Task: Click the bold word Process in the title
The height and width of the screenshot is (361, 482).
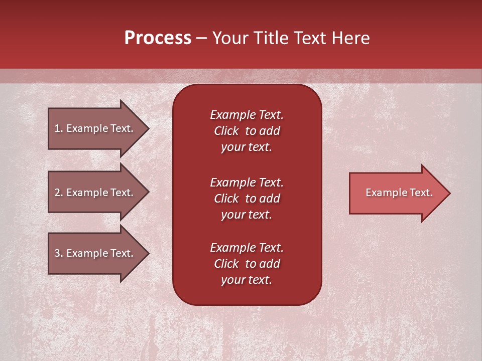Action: [158, 38]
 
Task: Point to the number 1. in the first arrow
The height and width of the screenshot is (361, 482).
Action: [59, 128]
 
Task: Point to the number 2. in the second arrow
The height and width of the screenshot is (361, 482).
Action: [59, 193]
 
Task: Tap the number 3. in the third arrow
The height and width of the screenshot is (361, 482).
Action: [59, 253]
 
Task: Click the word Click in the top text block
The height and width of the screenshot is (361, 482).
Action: [226, 131]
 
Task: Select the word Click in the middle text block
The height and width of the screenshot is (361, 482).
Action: [226, 199]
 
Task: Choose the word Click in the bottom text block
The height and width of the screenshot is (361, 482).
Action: [226, 264]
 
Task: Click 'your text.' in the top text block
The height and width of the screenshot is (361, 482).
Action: [247, 147]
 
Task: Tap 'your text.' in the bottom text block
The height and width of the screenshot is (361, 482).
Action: [247, 280]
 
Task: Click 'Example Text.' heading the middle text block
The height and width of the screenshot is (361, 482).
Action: [247, 182]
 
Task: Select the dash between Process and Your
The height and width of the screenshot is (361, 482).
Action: [201, 39]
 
